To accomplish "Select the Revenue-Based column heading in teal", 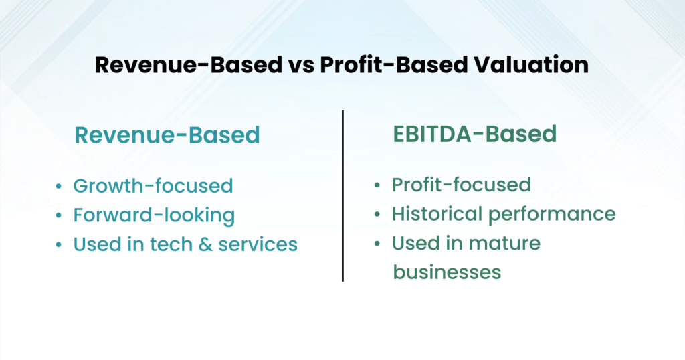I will [167, 135].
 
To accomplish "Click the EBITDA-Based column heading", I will [474, 134].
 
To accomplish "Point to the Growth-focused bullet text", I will [153, 185].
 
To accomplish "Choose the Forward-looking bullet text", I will [154, 215].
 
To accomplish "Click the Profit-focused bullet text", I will [461, 184].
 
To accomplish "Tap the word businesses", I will [446, 272].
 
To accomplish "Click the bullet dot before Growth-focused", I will [60, 186].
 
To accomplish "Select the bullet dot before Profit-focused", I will [379, 185].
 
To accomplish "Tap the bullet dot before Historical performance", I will [379, 214].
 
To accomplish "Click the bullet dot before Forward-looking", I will [60, 215].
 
